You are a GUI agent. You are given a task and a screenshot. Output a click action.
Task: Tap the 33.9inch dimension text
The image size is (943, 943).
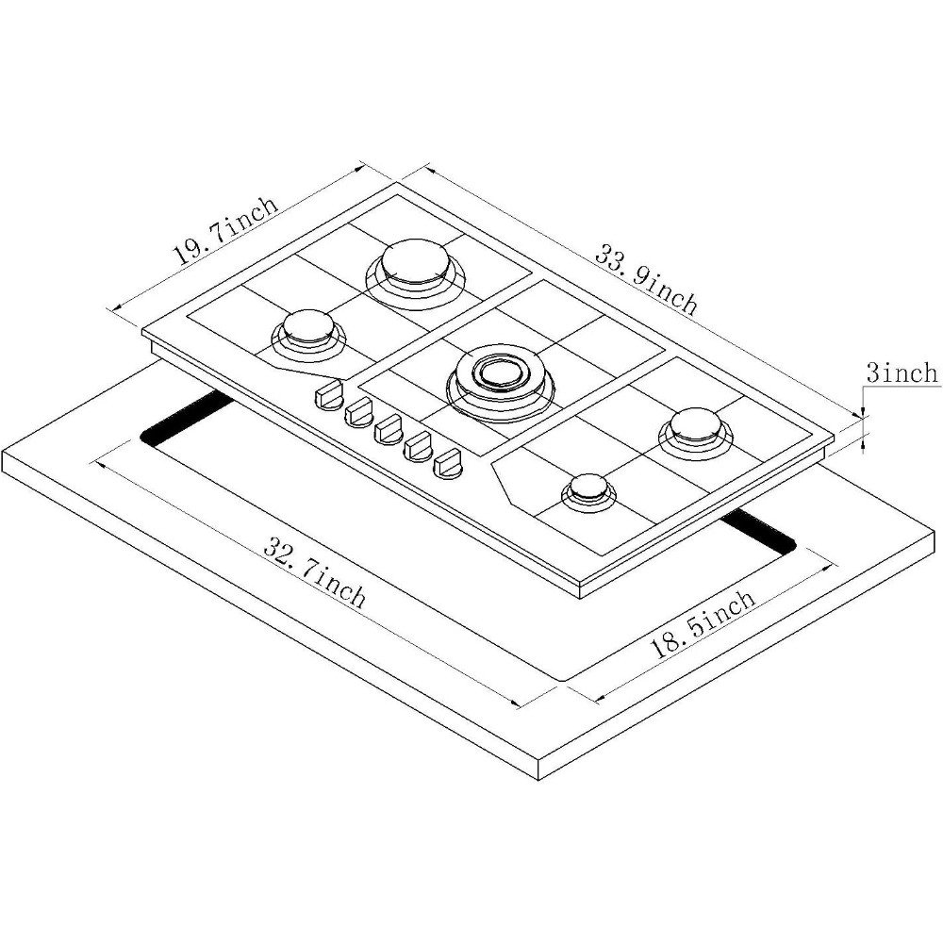point(647,279)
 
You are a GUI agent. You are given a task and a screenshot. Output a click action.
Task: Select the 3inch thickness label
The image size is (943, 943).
point(902,372)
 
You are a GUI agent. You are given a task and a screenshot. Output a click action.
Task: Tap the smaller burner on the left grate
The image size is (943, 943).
point(308,335)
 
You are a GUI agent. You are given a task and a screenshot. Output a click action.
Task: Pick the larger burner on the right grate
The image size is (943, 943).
point(696,433)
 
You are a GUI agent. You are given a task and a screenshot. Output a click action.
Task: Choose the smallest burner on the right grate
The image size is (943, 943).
point(588,492)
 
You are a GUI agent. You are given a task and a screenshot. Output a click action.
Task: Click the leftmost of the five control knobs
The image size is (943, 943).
point(328,396)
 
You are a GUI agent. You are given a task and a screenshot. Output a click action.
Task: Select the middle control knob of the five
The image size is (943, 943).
point(389,430)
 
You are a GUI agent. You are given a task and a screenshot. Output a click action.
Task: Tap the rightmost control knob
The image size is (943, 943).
point(449,465)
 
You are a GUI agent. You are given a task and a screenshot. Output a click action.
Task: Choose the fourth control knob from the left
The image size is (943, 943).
point(419,447)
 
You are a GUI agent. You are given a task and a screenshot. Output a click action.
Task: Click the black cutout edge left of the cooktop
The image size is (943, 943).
point(187,418)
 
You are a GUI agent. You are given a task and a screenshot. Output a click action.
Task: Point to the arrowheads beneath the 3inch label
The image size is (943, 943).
point(864,429)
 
